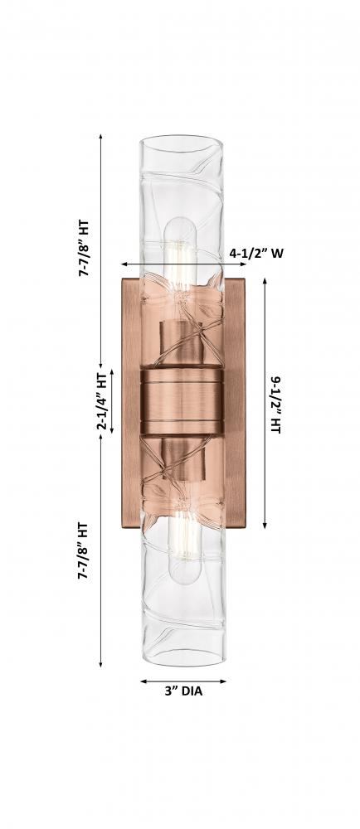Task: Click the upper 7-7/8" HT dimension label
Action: click(x=84, y=249)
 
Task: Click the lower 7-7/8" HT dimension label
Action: click(x=84, y=551)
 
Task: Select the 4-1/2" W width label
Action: click(x=256, y=253)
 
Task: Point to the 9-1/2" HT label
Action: click(x=275, y=405)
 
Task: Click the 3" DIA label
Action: click(x=183, y=691)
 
